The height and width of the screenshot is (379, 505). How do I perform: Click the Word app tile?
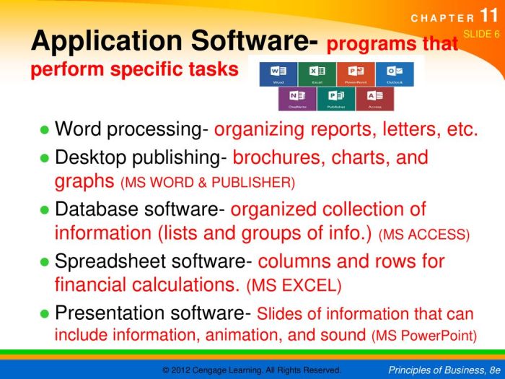pos(278,73)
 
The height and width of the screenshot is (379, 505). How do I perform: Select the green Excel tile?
pos(317,73)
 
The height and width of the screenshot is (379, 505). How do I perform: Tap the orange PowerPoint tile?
pos(356,73)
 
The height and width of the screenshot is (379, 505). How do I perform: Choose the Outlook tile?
pos(395,73)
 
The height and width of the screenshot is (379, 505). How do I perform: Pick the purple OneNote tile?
pos(297,98)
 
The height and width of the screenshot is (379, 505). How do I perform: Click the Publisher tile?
pos(336,98)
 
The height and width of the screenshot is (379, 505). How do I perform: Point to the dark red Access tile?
pos(375,98)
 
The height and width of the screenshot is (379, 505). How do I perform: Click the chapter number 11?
pos(488,17)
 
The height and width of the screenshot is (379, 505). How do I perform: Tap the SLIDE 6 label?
pos(481,34)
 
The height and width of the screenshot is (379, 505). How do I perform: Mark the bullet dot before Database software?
pos(44,210)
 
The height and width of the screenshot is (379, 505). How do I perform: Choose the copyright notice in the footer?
pos(252,370)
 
